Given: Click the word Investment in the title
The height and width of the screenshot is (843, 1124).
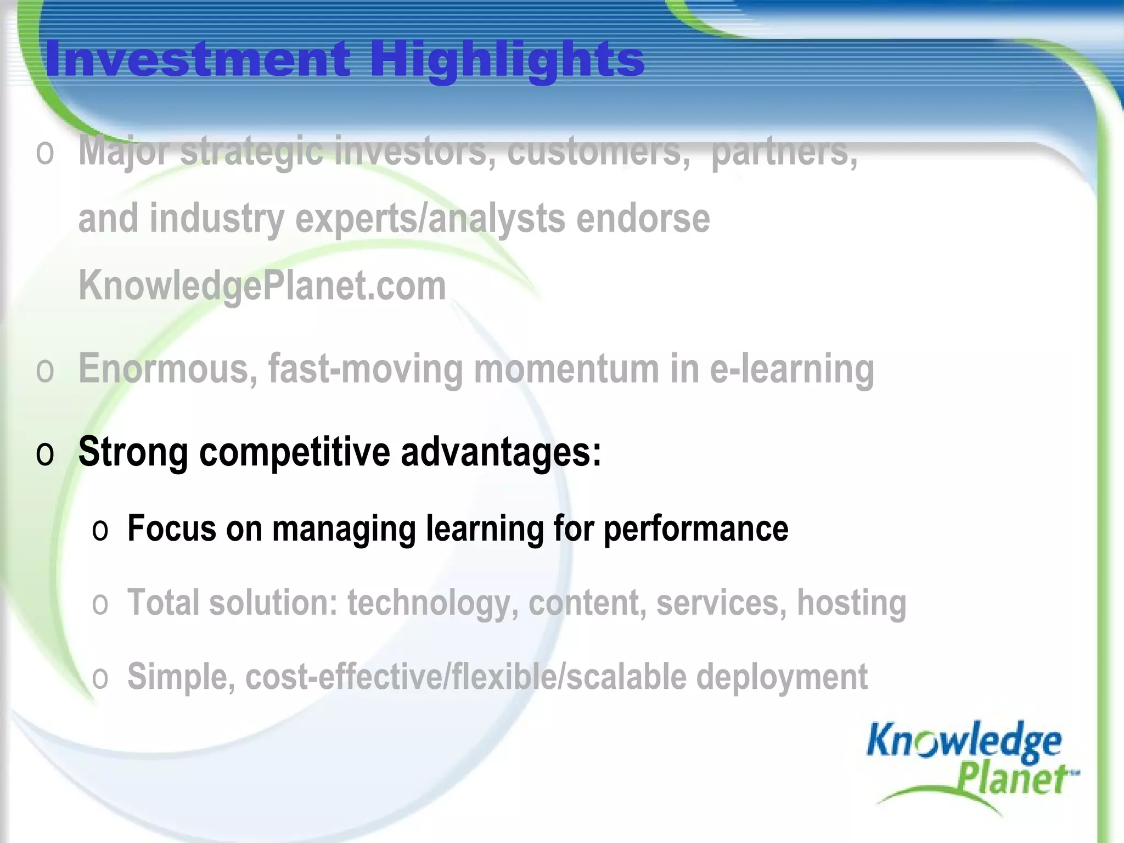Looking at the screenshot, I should (x=198, y=59).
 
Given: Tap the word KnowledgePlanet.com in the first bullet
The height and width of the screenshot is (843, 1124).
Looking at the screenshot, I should (x=262, y=286).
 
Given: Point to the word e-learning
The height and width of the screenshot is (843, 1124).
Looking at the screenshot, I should (x=792, y=369).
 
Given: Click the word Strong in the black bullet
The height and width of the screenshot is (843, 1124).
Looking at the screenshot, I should (x=133, y=452).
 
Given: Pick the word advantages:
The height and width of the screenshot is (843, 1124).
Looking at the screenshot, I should (x=501, y=452).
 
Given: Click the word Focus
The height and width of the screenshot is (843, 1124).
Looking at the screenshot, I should (x=172, y=529).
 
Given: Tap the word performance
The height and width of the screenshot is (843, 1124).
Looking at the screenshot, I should (x=696, y=529).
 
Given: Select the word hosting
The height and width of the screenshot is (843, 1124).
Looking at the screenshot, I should (x=851, y=603).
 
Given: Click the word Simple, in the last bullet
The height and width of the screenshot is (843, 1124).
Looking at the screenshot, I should (x=182, y=677).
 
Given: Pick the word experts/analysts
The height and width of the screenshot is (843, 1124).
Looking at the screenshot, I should (x=430, y=218).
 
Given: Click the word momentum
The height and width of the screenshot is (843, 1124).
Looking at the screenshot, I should (x=566, y=369).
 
